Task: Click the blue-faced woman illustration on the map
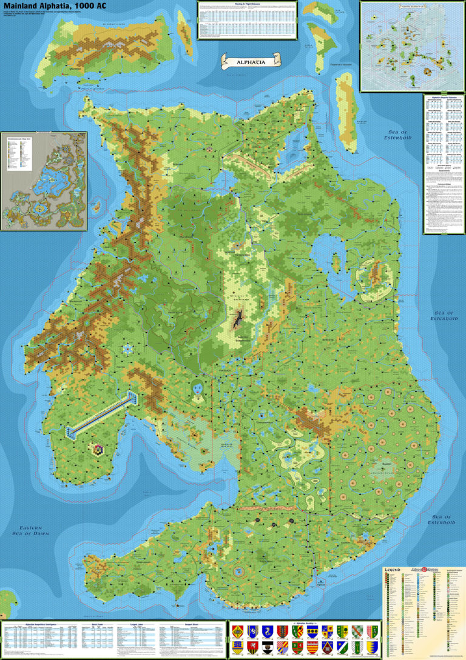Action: [x=197, y=388]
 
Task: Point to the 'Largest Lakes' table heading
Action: [x=133, y=623]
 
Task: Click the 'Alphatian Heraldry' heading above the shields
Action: [x=304, y=622]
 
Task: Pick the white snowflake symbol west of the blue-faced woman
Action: [x=128, y=349]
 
